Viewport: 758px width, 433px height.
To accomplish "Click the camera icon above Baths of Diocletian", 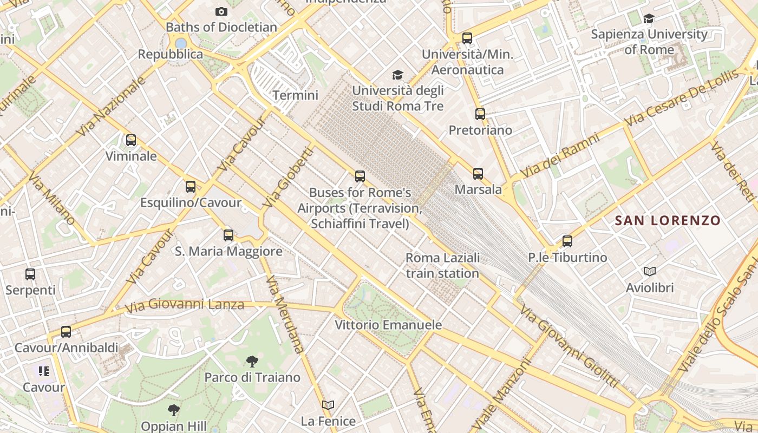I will (x=221, y=11).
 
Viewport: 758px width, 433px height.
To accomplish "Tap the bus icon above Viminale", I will (x=130, y=140).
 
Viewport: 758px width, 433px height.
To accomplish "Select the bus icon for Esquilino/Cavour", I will (x=190, y=187).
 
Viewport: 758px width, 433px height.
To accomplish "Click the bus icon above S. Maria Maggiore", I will (x=228, y=235).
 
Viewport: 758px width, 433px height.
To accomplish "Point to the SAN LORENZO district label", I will (x=668, y=220).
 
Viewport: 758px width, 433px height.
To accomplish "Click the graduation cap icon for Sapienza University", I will (x=648, y=19).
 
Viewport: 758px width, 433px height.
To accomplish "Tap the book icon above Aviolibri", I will (x=649, y=271).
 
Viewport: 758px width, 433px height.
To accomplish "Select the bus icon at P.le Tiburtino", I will (x=567, y=241).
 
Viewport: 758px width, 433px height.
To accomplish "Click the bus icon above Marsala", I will (x=478, y=174).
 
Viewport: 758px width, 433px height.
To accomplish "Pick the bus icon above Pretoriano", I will (x=480, y=114).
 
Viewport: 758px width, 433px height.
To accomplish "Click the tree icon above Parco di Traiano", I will (x=252, y=361).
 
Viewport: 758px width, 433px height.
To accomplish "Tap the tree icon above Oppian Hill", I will (x=173, y=410).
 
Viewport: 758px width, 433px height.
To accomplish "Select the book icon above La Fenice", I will (x=328, y=405).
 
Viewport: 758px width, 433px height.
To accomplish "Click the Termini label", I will (x=295, y=95).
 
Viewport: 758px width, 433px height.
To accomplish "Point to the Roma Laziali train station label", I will (x=442, y=265).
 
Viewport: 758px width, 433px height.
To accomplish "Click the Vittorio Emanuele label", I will (x=388, y=325).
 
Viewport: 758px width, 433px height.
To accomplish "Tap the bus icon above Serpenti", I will (x=30, y=274).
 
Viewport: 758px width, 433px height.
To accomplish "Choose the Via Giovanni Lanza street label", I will (x=184, y=305).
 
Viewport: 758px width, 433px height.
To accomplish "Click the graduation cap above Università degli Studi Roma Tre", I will (x=397, y=75).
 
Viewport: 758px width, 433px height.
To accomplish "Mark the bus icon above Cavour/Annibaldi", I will (x=66, y=332).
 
